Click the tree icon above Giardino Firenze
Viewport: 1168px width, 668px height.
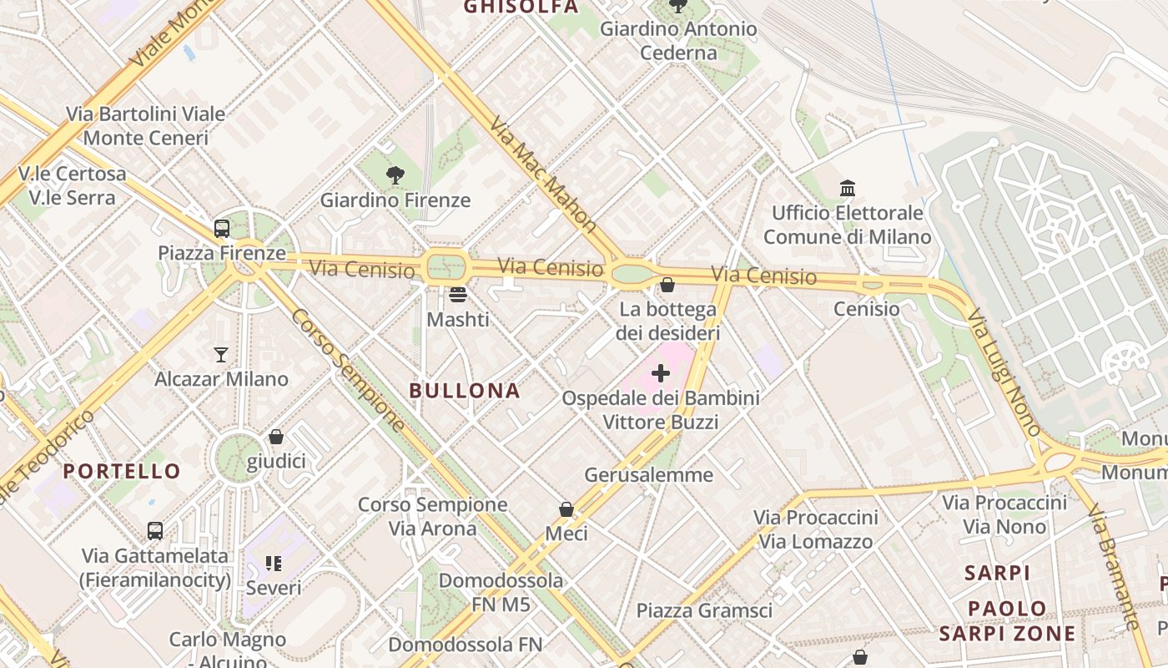coord(395,175)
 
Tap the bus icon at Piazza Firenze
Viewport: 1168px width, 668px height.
coord(222,228)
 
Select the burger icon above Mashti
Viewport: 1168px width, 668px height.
coord(457,295)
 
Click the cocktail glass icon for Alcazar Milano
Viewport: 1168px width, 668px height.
coord(221,355)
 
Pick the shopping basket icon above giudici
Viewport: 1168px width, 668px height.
coord(276,437)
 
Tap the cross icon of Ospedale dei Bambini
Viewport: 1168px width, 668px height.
coord(661,372)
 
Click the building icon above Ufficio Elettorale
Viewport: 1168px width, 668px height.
coord(848,188)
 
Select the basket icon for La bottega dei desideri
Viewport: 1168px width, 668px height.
coord(667,285)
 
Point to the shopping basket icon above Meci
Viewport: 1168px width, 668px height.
coord(566,509)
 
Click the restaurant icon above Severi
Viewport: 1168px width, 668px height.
coord(274,564)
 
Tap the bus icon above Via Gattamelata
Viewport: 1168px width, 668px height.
coord(155,530)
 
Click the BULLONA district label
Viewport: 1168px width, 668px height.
coord(465,391)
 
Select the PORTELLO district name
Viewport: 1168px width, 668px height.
coord(122,471)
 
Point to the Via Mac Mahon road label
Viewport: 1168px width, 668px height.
coord(543,174)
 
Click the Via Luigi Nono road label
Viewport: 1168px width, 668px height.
coord(1004,372)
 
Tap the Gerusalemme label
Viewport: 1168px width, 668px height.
coord(649,475)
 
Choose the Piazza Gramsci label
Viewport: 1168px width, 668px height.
coord(704,610)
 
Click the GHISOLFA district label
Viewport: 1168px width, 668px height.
coord(521,8)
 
